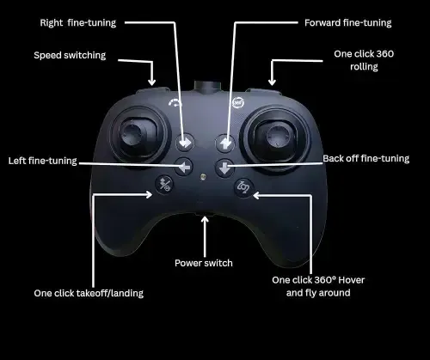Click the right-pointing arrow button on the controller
(185, 143)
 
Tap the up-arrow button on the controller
(225, 143)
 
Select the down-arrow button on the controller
(224, 168)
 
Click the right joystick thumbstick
(277, 135)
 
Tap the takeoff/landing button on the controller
(164, 184)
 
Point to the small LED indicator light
(203, 177)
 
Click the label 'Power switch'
(204, 263)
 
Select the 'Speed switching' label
(70, 55)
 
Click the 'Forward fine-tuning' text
(348, 23)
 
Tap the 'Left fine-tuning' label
(43, 161)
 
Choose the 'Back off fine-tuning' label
(366, 159)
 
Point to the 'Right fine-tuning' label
(78, 23)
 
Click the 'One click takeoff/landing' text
(89, 293)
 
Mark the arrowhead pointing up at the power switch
(205, 220)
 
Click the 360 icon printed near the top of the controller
(238, 102)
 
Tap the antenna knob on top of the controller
(208, 86)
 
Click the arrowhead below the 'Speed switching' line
(152, 82)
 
